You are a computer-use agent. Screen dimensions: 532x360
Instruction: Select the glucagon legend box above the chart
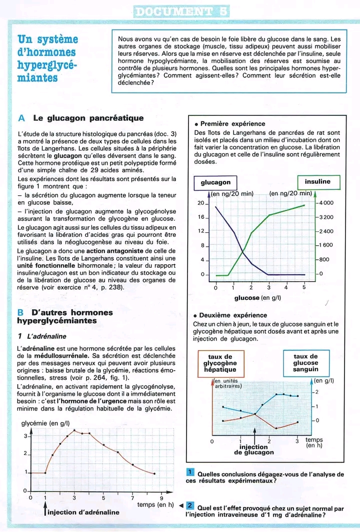(x=215, y=183)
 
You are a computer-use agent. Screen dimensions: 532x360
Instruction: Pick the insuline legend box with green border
(x=317, y=182)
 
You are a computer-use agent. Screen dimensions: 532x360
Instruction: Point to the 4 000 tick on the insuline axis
(x=325, y=203)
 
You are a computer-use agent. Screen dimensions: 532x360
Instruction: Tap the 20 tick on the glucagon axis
(x=201, y=203)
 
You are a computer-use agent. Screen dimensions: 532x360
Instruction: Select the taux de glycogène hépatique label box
(x=220, y=363)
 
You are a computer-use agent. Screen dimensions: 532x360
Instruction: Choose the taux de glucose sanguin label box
(x=306, y=363)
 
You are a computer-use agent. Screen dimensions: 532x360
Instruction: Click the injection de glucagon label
(x=254, y=450)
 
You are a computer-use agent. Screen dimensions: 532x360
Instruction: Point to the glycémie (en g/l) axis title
(x=48, y=424)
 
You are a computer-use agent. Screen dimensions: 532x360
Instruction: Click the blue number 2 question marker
(x=190, y=506)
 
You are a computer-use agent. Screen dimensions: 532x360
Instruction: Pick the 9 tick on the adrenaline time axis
(x=161, y=498)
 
